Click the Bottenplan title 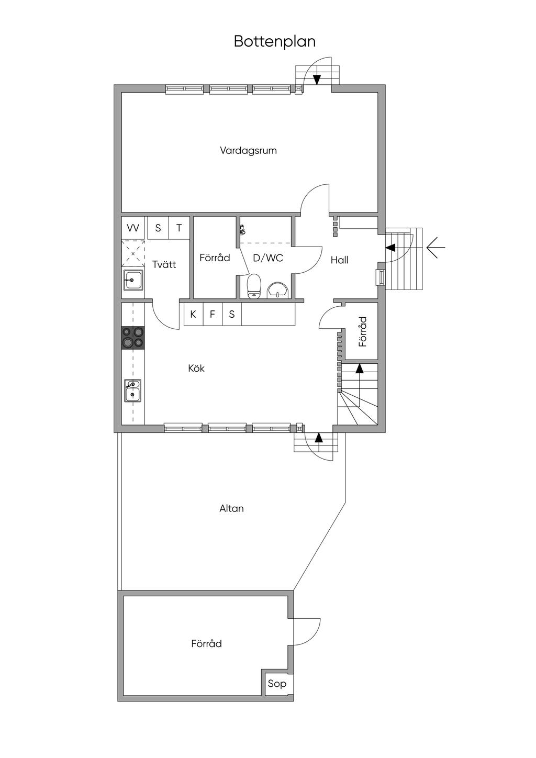click(x=275, y=41)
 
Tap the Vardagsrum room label click(x=249, y=150)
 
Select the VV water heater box click(x=133, y=228)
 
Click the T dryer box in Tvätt click(x=179, y=228)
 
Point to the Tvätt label click(x=164, y=264)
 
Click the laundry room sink click(x=133, y=280)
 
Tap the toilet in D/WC click(x=254, y=286)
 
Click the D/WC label click(x=268, y=258)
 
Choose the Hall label click(x=339, y=260)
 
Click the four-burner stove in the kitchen click(x=133, y=337)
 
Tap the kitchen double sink click(x=132, y=391)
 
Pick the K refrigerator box click(x=193, y=315)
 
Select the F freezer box click(x=213, y=315)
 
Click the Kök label click(x=196, y=368)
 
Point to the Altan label click(x=231, y=508)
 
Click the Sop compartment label click(x=277, y=683)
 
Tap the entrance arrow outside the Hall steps click(x=436, y=248)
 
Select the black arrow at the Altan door click(x=318, y=438)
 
